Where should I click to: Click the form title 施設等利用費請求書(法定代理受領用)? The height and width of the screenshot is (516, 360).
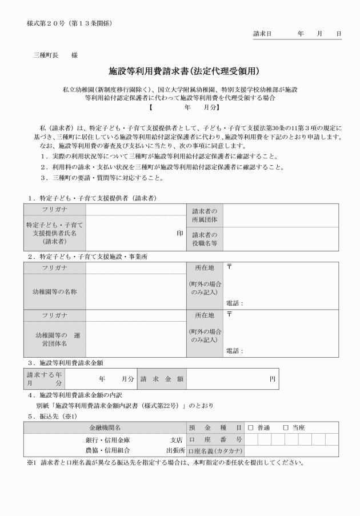185,72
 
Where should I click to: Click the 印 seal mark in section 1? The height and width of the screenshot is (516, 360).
179,233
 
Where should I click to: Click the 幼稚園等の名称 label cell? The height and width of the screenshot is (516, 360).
54,291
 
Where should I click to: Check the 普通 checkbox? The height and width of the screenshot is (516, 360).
250,427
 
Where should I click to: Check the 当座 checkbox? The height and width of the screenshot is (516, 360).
286,427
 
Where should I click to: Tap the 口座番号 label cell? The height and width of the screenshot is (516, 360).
215,439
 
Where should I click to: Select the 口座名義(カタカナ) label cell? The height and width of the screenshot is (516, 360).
215,451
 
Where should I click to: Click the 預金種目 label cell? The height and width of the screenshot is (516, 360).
215,427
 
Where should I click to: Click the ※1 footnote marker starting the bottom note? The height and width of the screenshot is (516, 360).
31,462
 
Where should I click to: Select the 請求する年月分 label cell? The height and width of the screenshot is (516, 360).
43,378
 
